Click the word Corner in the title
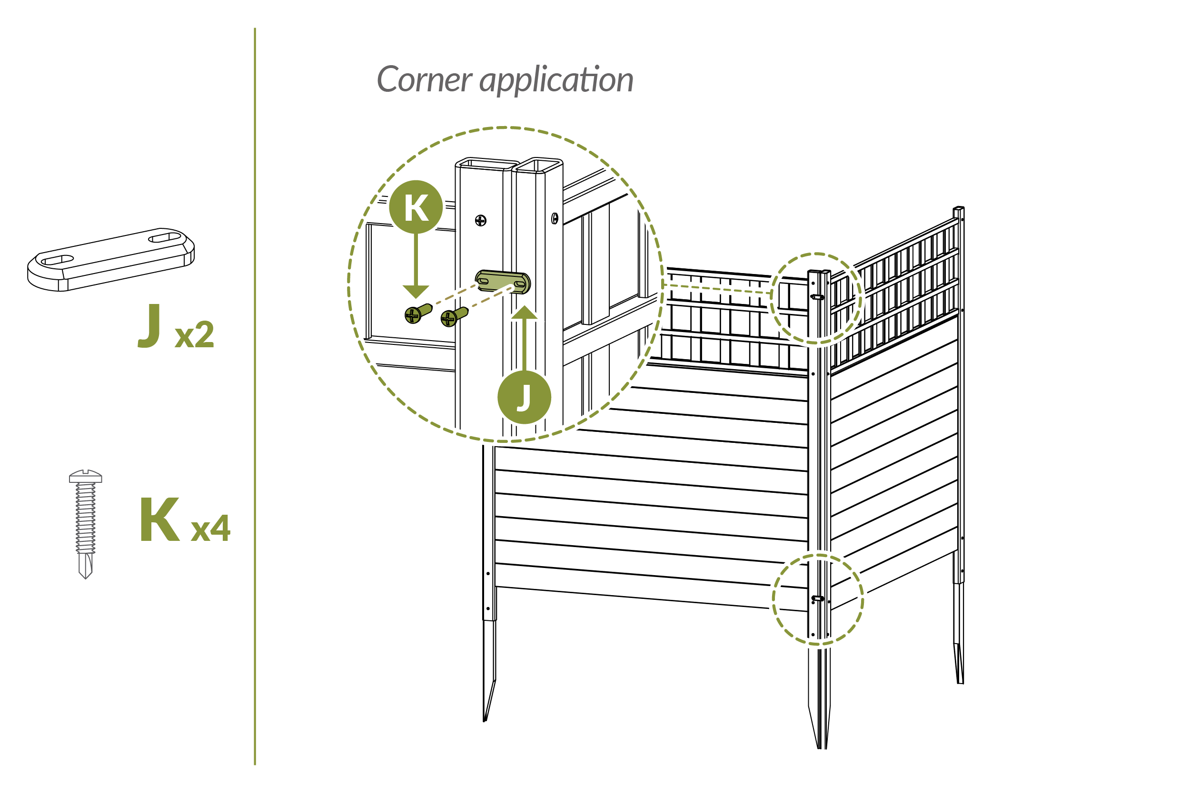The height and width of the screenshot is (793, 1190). point(424,79)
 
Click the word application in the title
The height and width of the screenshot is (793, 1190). point(556,80)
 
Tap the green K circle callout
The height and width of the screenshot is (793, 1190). point(416,207)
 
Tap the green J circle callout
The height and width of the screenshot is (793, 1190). point(524,397)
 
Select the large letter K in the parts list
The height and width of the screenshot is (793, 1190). point(159,519)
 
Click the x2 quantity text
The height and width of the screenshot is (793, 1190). point(194,334)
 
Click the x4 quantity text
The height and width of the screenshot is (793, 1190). point(210,529)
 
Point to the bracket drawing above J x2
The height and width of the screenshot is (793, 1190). point(111,259)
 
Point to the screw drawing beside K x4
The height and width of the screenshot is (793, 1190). point(86,523)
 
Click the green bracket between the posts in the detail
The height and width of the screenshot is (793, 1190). point(502,282)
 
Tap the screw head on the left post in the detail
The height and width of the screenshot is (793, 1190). point(481,221)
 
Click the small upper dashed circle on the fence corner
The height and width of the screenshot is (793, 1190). point(816,298)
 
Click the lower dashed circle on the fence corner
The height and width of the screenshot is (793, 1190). point(818,599)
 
